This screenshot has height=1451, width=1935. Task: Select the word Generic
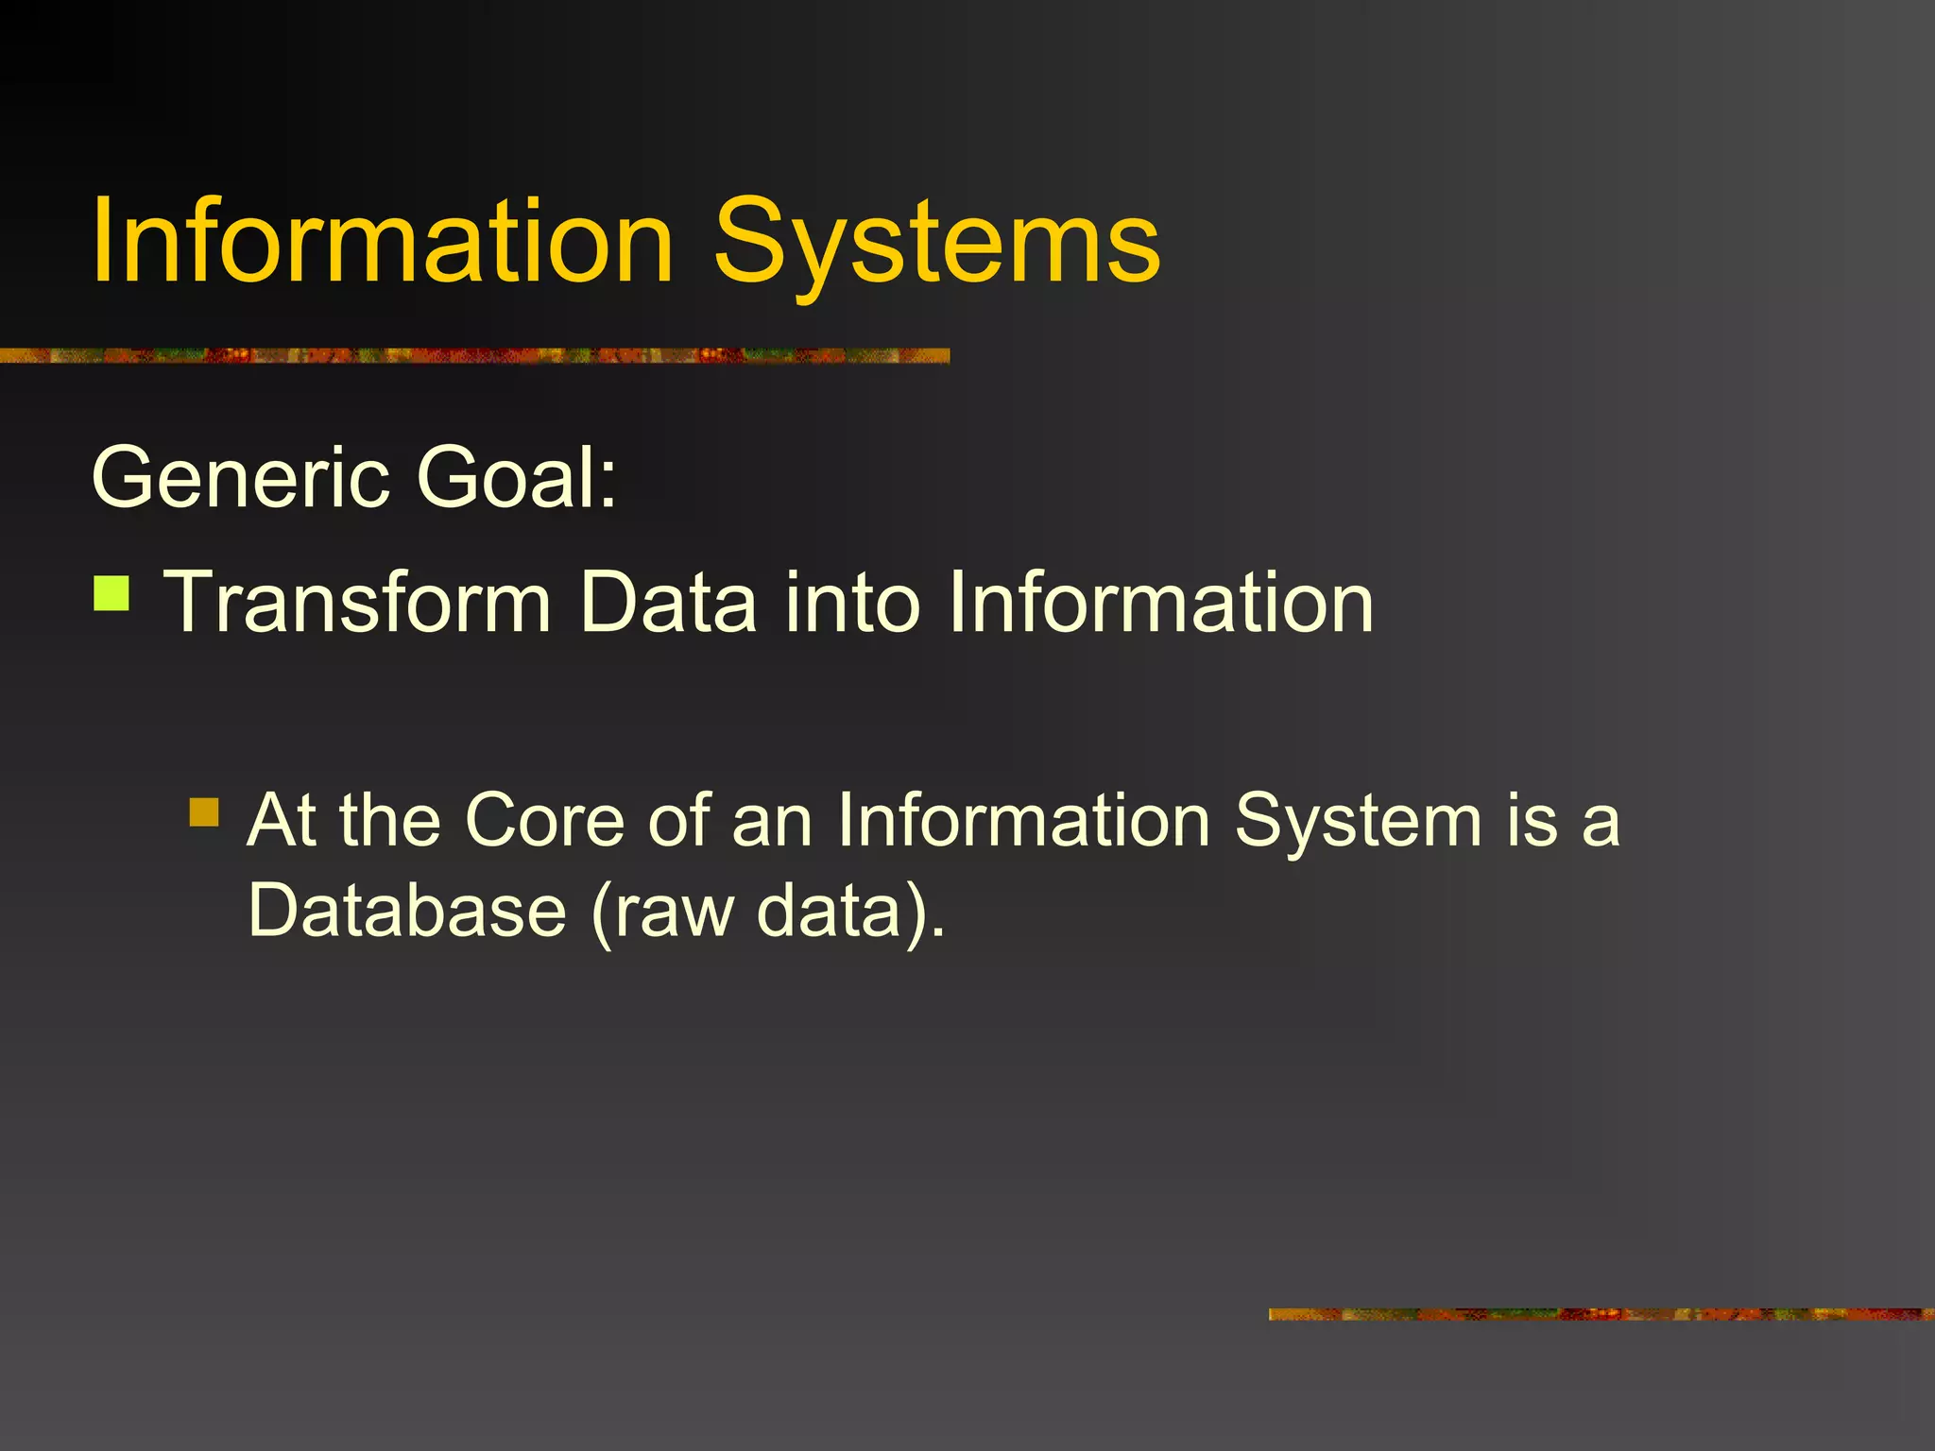coord(241,478)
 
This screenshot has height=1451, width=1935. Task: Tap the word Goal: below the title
coord(517,478)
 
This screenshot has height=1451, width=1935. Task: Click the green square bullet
coord(111,594)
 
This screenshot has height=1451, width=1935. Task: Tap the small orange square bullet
coord(204,811)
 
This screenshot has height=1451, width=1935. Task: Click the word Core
coord(544,820)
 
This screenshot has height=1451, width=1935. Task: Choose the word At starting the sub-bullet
coord(282,820)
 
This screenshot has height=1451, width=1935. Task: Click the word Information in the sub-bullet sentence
coord(1023,820)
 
